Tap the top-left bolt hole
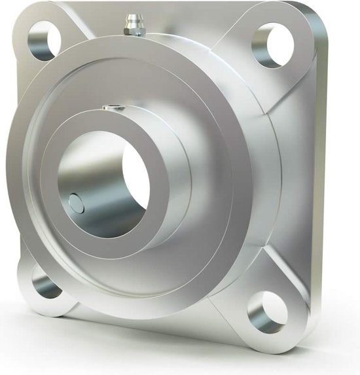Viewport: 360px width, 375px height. click(44, 41)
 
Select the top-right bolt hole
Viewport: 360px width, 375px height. click(271, 45)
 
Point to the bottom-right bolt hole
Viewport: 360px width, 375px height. click(266, 312)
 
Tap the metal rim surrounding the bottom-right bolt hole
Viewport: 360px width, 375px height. click(288, 321)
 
